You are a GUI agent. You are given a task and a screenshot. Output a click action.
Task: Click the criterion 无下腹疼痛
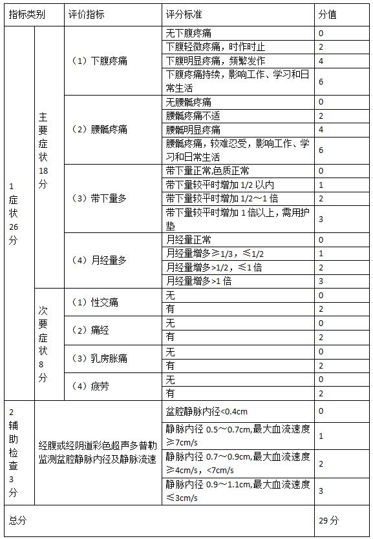[x=197, y=33]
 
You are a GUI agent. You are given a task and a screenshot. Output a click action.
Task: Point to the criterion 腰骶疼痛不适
[x=193, y=116]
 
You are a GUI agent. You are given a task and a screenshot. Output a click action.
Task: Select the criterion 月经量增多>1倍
[x=198, y=281]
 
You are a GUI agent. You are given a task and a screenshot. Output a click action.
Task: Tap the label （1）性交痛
[x=96, y=302]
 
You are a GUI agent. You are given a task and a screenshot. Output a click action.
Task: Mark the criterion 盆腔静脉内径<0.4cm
[x=207, y=411]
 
